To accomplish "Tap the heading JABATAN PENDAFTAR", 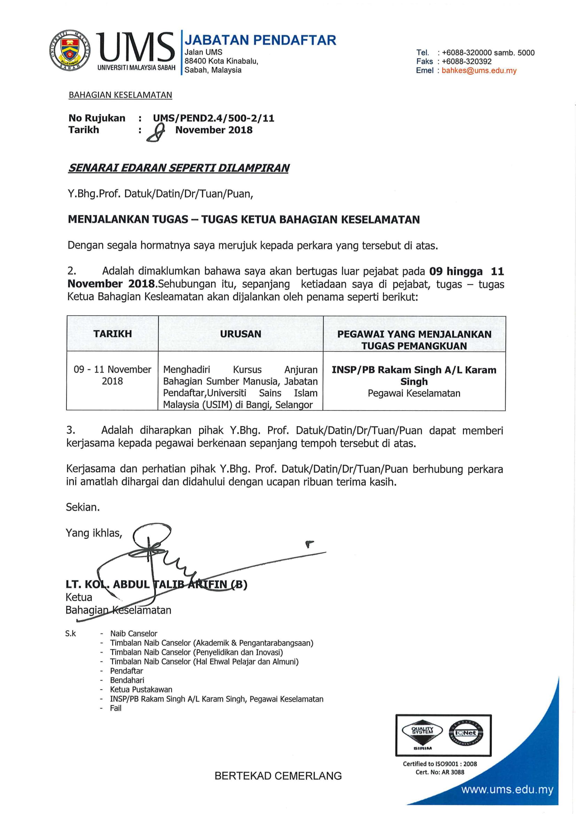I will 260,40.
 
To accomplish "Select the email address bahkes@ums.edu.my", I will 479,71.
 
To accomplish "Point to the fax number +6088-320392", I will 466,61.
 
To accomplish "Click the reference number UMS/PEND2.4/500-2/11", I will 213,118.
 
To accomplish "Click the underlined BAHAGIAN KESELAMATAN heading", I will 120,95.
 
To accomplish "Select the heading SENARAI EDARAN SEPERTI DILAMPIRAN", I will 178,168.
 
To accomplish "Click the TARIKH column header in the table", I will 112,334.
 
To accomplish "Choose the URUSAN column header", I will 241,334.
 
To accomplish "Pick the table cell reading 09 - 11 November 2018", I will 112,375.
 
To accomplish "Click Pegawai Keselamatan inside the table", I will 414,393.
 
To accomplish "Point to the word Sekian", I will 83,507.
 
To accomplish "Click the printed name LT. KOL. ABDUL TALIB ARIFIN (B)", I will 156,584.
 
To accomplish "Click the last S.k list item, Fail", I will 116,708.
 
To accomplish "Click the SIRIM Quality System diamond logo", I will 422,733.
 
